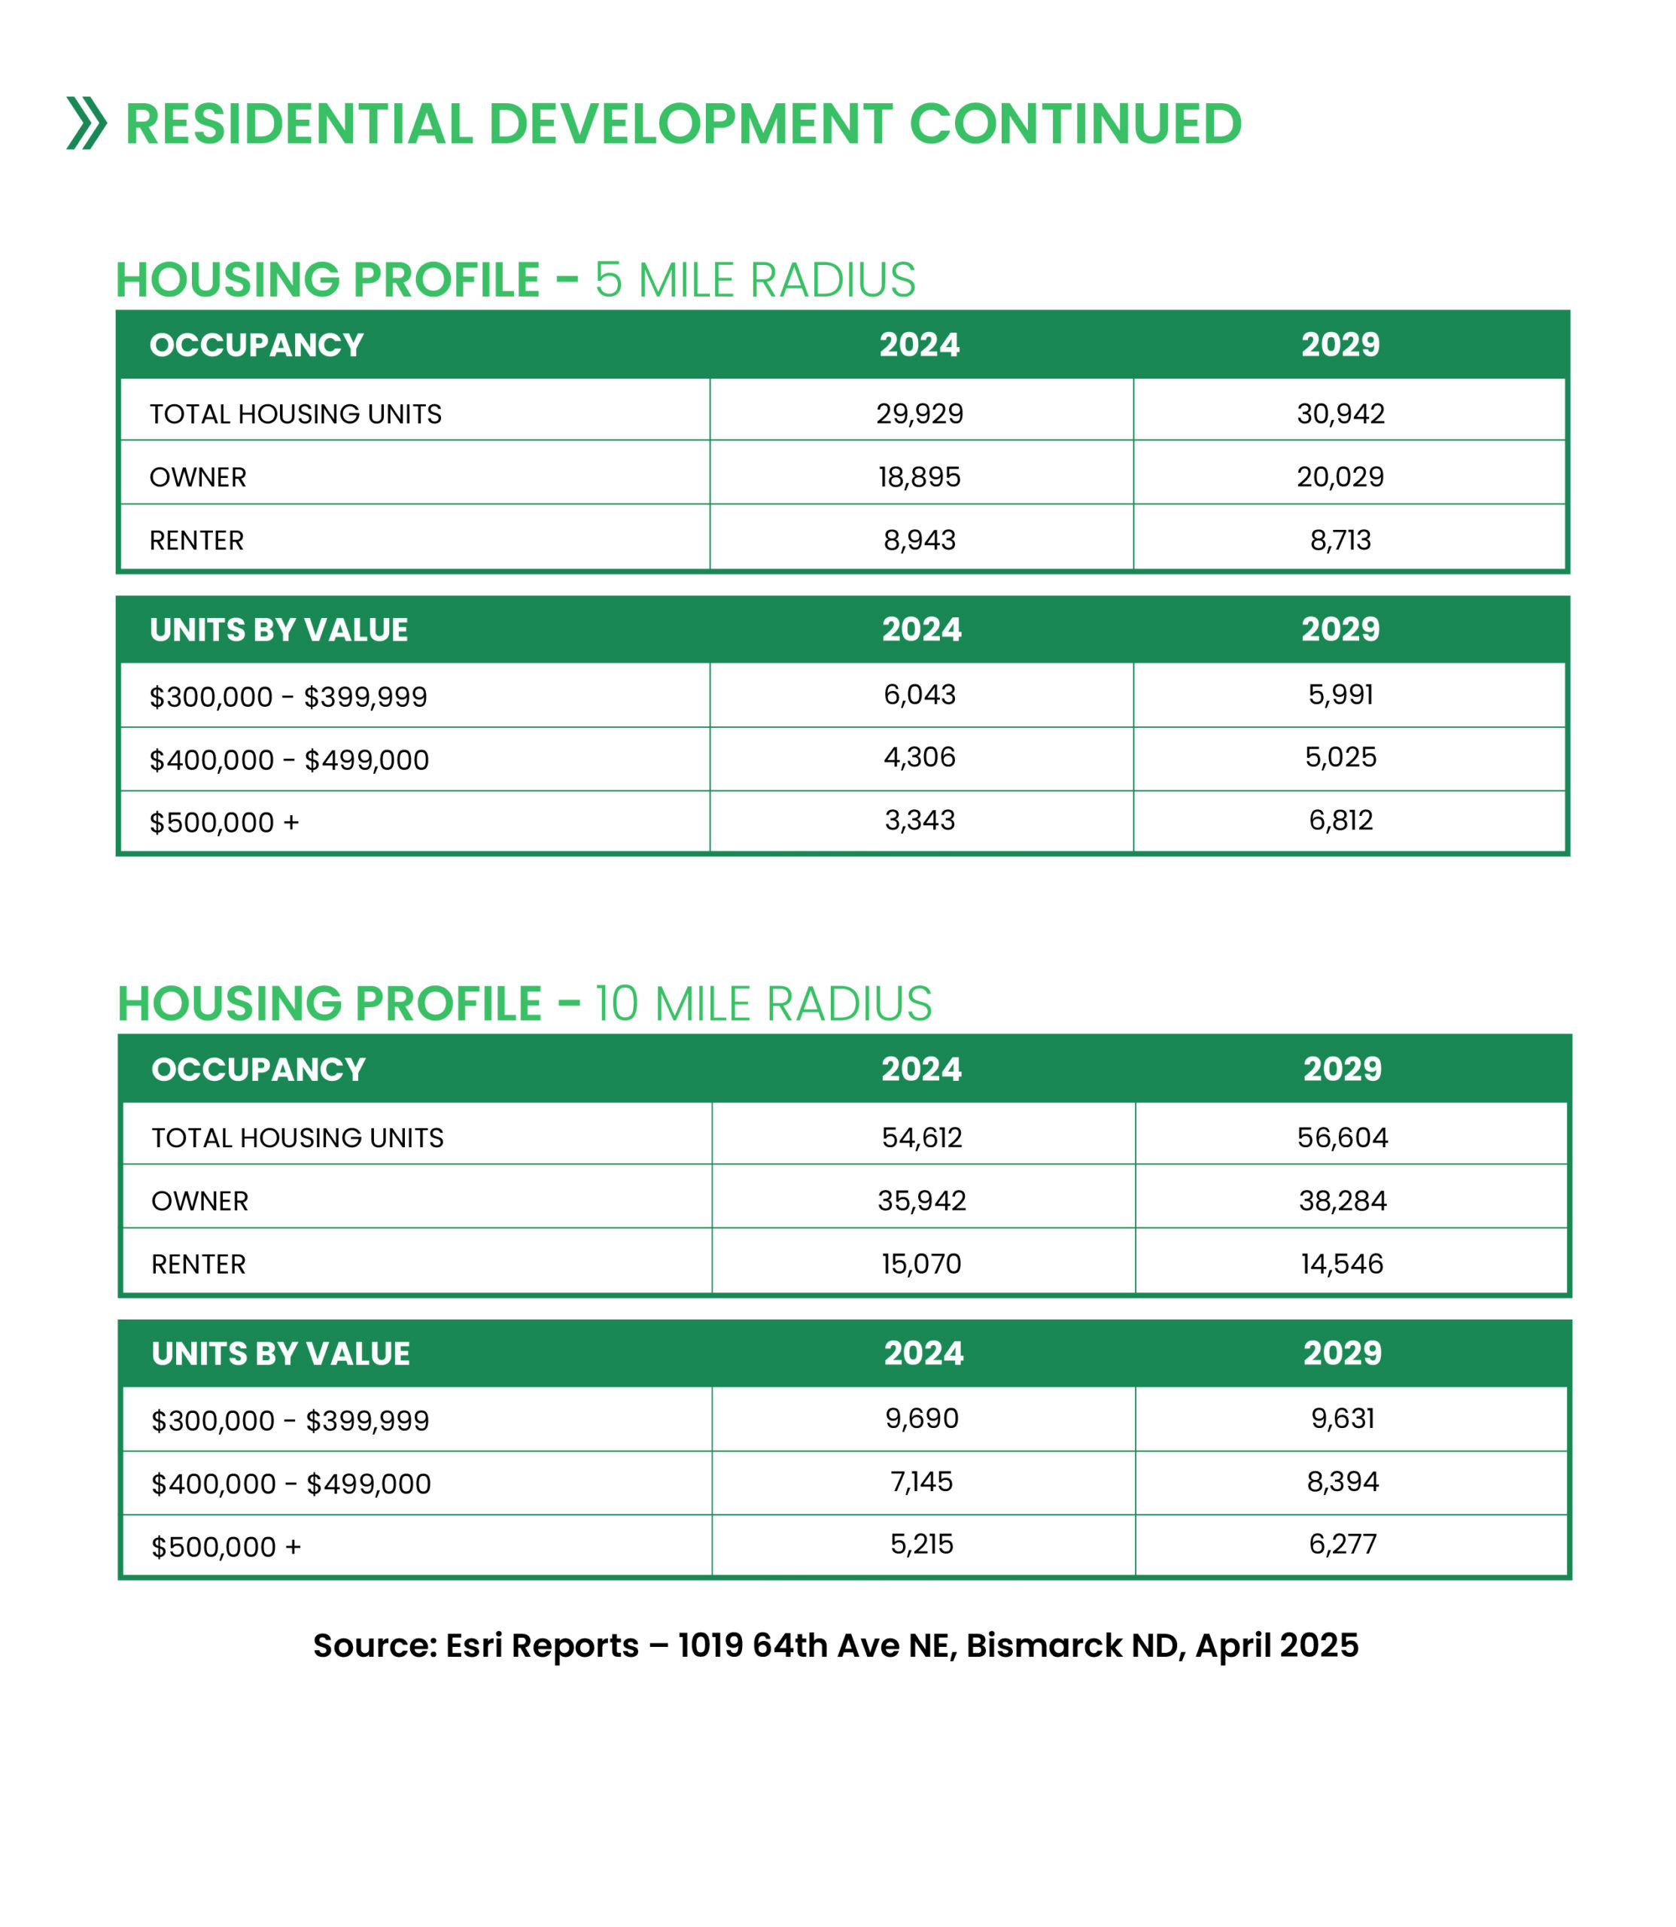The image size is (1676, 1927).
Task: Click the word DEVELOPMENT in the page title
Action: point(690,124)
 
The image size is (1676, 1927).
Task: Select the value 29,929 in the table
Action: point(920,413)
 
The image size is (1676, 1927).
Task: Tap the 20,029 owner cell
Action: point(1340,477)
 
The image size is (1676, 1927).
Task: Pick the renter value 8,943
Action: point(920,540)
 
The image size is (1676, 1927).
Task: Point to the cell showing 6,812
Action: point(1340,820)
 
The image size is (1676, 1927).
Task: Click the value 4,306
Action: point(920,756)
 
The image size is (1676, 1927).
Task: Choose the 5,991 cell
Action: point(1340,694)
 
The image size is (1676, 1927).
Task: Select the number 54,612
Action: point(921,1137)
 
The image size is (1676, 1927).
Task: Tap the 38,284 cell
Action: point(1342,1200)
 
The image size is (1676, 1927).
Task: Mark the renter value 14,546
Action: point(1341,1264)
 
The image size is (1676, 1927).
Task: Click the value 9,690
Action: point(921,1418)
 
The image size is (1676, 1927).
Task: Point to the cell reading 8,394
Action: point(1342,1481)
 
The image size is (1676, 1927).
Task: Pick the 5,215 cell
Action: point(921,1543)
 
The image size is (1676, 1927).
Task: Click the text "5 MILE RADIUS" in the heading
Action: point(755,280)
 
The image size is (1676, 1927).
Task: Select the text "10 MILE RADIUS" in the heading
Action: point(763,1003)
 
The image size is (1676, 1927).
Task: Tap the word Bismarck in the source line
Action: point(1044,1645)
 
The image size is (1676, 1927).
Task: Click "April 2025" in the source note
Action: point(1276,1645)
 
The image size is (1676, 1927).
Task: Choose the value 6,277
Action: point(1342,1543)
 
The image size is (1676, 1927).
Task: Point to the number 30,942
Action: point(1340,413)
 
